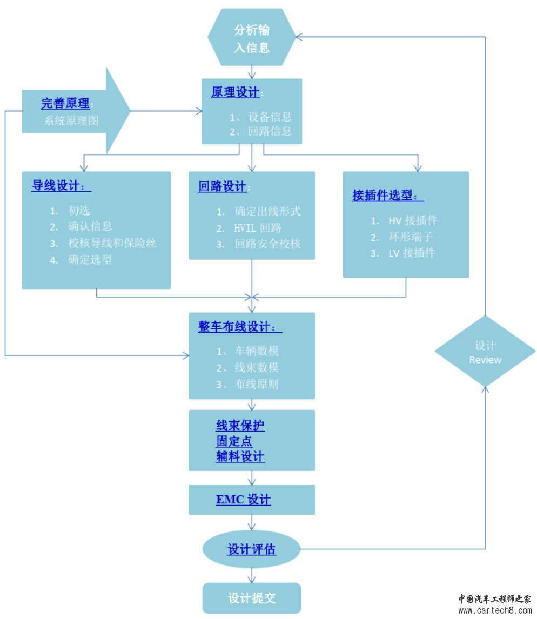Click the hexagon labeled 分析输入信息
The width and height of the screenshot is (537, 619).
[252, 38]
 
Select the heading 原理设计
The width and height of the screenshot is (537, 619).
[235, 92]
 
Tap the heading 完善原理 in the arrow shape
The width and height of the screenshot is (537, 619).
[65, 103]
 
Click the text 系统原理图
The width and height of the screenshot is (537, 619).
[71, 121]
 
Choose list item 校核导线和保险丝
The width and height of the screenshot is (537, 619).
[112, 243]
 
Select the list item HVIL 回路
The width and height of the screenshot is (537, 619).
[258, 228]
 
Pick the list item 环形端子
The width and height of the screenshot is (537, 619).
[411, 237]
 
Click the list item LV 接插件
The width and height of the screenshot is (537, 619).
[412, 253]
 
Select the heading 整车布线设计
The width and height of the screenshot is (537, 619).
[239, 327]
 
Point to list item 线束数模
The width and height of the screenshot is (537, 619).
[256, 368]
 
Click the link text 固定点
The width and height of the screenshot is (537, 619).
[234, 441]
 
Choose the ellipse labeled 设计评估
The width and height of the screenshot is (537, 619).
[252, 550]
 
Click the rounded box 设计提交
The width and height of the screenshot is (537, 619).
[252, 598]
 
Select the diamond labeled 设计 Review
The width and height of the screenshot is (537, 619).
[485, 352]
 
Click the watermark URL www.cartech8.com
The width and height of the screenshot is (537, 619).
[495, 611]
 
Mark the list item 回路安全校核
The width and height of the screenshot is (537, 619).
[267, 244]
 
